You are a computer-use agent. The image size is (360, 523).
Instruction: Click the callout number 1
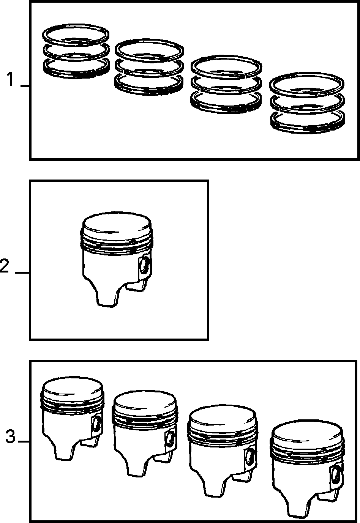(10, 79)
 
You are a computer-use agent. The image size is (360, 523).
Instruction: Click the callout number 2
(5, 266)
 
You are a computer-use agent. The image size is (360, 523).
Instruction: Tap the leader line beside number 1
(25, 86)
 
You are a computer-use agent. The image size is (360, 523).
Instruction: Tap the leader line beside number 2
(22, 273)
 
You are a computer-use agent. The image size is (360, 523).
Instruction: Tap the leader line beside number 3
(24, 441)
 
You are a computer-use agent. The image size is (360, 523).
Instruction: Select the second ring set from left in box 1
(149, 67)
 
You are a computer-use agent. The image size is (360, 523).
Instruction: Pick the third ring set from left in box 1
(226, 84)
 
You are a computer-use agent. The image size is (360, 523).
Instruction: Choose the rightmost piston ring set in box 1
(308, 103)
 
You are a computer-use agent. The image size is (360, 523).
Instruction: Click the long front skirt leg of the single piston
(106, 296)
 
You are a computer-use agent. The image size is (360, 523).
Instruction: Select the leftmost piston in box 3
(72, 418)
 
